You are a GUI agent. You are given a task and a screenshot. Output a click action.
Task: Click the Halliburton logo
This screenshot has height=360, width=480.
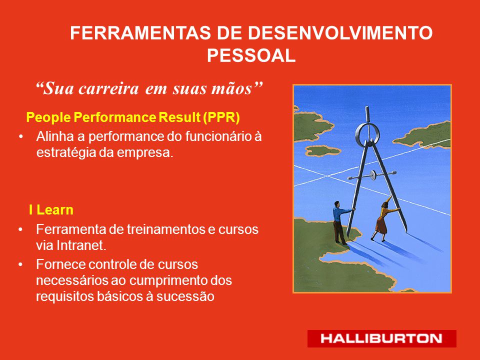click(x=381, y=338)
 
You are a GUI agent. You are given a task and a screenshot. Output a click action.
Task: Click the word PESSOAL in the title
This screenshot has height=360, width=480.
click(x=251, y=55)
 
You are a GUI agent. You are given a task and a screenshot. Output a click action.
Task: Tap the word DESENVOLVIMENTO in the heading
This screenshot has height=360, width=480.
click(x=340, y=33)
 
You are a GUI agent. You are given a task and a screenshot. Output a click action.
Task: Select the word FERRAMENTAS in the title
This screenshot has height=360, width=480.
click(x=140, y=33)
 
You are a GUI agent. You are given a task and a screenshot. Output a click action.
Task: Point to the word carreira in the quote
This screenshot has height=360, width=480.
click(x=108, y=89)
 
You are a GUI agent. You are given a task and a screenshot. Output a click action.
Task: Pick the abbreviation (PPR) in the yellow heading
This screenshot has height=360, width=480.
click(x=221, y=117)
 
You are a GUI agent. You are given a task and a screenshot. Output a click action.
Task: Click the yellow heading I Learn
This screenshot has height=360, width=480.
click(x=51, y=210)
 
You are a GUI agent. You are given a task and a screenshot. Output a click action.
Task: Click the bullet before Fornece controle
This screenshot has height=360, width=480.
click(x=20, y=264)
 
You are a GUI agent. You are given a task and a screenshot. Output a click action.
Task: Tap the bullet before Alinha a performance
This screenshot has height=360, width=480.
click(x=20, y=137)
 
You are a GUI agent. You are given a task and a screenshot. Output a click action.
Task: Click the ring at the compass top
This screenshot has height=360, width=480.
click(x=367, y=134)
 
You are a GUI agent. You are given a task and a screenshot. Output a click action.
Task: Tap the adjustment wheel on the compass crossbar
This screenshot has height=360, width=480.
click(x=373, y=175)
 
